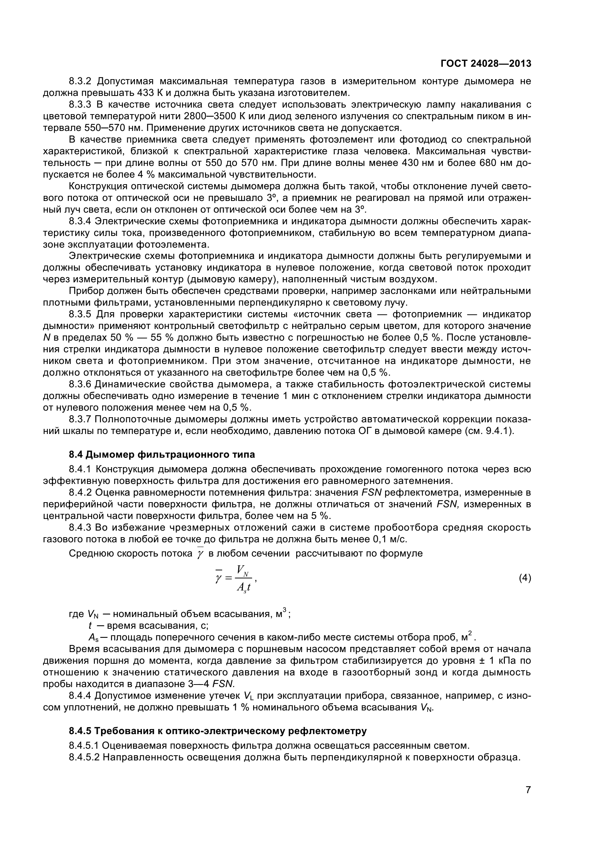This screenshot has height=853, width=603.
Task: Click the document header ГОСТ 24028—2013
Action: [x=486, y=64]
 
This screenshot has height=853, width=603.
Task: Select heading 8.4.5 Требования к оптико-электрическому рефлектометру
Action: [x=218, y=731]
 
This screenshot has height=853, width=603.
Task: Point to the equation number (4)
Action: [x=525, y=578]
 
